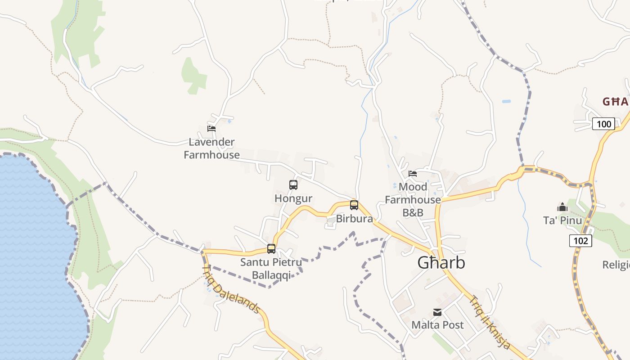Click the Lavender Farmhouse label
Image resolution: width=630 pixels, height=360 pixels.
[x=211, y=148]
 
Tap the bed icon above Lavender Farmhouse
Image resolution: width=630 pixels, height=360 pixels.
[x=211, y=128]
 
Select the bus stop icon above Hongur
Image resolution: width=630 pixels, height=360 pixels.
[x=293, y=184]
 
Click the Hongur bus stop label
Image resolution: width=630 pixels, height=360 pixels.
[x=293, y=198]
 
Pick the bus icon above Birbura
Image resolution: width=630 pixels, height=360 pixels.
[x=354, y=205]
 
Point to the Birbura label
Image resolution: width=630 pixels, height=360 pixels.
[x=355, y=219]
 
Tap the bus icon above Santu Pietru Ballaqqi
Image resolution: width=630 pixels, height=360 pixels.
[x=271, y=248]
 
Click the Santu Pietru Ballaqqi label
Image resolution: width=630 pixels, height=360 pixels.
[x=271, y=268]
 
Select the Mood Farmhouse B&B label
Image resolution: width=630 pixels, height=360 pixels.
[x=413, y=199]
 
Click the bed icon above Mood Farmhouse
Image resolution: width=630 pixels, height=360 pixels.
[x=412, y=173]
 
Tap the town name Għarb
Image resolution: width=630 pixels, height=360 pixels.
[x=441, y=263]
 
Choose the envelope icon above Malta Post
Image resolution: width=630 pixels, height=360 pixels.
[x=437, y=312]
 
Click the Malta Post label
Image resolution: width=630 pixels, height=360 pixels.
[x=437, y=325]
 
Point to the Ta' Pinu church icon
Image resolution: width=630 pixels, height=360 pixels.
[x=562, y=207]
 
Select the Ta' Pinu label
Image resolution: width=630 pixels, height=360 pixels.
[x=562, y=220]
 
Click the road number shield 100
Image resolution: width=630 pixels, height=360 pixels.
[x=603, y=124]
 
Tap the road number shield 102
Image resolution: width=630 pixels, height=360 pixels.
[x=580, y=241]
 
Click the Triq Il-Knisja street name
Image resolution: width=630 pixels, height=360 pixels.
[x=490, y=322]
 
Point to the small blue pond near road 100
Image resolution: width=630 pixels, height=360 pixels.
[x=506, y=101]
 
